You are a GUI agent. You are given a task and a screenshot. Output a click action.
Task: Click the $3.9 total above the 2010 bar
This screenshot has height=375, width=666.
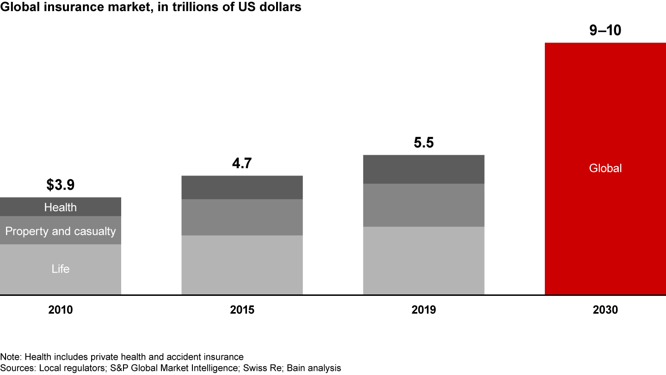60,185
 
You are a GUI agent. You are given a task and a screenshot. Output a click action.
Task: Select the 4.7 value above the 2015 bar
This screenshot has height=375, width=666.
242,163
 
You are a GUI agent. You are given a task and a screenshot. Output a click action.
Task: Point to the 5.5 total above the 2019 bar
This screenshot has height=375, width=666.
424,143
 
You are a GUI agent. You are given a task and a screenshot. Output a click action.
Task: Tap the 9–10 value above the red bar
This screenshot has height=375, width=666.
605,31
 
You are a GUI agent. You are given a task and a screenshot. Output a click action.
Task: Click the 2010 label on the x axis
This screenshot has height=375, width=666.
60,310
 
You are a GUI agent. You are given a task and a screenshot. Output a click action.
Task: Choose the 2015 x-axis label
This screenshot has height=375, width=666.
242,310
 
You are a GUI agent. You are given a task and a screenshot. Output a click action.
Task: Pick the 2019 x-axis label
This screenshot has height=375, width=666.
424,310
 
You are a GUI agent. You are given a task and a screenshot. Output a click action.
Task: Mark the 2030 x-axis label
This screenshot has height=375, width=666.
605,310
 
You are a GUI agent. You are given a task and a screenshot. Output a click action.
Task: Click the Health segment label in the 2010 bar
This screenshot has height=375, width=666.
60,207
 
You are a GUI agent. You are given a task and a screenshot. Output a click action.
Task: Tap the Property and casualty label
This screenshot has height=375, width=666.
60,231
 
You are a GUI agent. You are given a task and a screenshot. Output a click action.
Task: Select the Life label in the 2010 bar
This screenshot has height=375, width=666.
60,269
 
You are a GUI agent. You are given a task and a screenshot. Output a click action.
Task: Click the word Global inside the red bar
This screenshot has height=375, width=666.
605,168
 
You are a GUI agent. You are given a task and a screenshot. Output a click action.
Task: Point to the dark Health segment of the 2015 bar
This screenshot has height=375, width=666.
242,187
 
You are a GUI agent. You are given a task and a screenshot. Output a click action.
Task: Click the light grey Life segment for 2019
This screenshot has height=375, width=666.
424,260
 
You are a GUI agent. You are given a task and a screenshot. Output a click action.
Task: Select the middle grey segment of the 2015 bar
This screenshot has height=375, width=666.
242,217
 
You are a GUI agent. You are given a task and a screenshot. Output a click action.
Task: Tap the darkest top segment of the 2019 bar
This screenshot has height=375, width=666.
424,169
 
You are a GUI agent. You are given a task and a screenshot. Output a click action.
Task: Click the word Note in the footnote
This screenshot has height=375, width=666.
10,357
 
